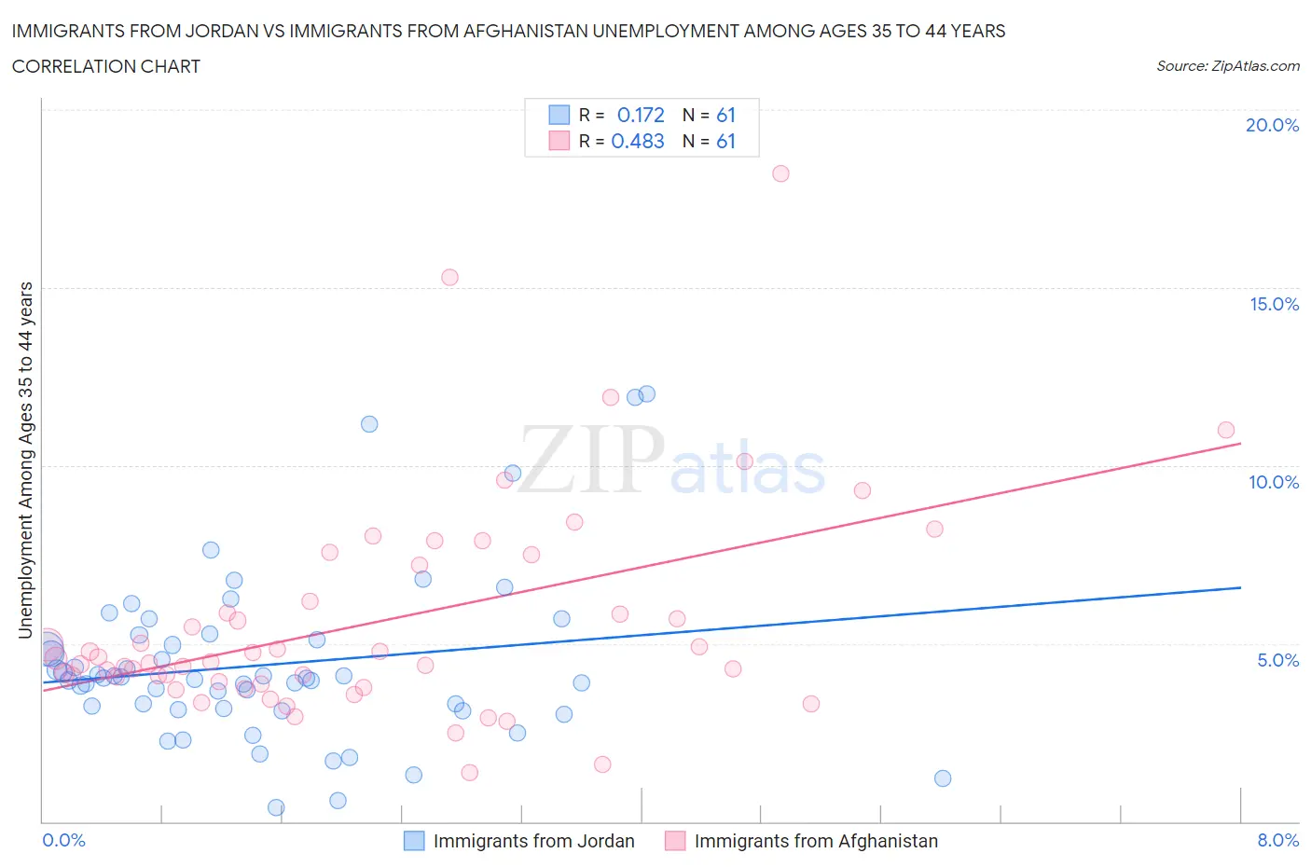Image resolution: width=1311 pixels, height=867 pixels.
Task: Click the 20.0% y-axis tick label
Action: pos(1272,125)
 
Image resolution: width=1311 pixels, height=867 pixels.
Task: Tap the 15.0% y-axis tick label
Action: pos(1274,304)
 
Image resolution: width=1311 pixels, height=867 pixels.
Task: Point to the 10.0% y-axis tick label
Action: pos(1274,482)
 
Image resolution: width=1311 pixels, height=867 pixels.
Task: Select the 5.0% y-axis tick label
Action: pos(1277,660)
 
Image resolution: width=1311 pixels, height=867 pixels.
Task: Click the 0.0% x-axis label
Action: pos(63,840)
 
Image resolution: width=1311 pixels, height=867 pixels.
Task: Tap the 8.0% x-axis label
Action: pos(1277,840)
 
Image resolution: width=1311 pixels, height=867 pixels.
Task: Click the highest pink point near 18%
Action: pos(780,173)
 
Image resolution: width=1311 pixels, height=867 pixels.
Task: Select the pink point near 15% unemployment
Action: pos(449,277)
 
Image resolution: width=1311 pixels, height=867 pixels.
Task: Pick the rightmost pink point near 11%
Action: pos(1225,430)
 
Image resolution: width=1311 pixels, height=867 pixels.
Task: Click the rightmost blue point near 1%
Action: pos(943,778)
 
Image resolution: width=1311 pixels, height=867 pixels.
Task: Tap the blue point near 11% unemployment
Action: pos(369,424)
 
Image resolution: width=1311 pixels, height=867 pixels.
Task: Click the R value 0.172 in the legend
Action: pos(641,115)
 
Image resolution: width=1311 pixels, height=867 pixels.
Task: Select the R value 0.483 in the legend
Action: pos(638,141)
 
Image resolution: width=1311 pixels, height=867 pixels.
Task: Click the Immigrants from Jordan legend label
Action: pos(533,841)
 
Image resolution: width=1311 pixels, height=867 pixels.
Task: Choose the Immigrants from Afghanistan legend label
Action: pos(816,841)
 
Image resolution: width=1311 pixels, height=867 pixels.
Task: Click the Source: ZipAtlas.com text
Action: pos(1227,65)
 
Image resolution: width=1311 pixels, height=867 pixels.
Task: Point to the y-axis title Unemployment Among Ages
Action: pos(26,460)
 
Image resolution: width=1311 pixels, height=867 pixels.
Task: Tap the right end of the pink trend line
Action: pos(1240,444)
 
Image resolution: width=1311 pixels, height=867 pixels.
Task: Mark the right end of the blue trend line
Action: pos(1240,587)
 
